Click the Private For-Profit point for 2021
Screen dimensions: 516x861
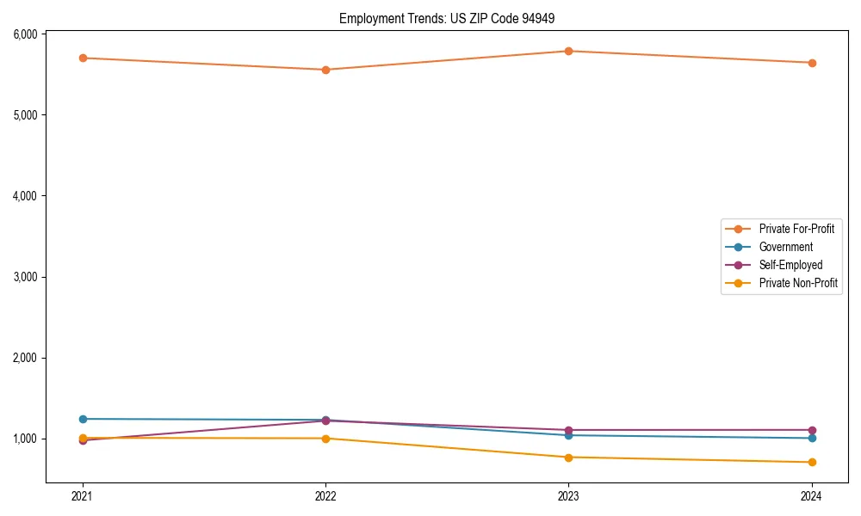pyautogui.click(x=83, y=58)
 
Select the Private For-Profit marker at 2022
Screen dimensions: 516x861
pyautogui.click(x=325, y=70)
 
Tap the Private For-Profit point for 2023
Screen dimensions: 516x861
pyautogui.click(x=568, y=51)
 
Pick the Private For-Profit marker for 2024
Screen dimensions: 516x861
pyautogui.click(x=811, y=63)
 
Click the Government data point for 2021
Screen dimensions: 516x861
pyautogui.click(x=83, y=419)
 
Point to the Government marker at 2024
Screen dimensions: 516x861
pyautogui.click(x=811, y=438)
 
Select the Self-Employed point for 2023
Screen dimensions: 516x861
pyautogui.click(x=568, y=430)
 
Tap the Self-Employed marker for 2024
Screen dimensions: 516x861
pyautogui.click(x=811, y=430)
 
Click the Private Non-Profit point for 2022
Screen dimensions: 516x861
pyautogui.click(x=325, y=439)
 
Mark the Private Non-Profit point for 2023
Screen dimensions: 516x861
pyautogui.click(x=568, y=458)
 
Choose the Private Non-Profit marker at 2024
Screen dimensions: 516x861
pyautogui.click(x=811, y=462)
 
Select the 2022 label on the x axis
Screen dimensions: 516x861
pyautogui.click(x=325, y=495)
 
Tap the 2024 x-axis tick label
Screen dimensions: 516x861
pyautogui.click(x=811, y=495)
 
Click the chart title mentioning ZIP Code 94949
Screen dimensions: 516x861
pyautogui.click(x=453, y=18)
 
